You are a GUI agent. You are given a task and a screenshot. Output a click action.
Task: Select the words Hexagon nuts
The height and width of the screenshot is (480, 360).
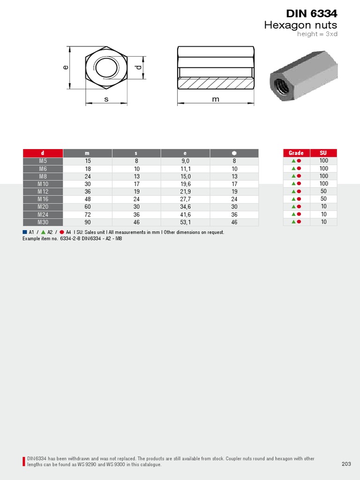300,25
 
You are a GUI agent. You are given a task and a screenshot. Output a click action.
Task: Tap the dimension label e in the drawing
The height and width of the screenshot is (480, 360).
66,67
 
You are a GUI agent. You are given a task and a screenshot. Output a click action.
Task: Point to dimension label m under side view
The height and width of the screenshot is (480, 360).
216,99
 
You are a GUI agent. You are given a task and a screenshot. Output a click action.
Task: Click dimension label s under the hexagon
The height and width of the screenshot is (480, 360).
106,99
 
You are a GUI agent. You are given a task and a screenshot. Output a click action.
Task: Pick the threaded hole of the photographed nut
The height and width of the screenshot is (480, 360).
282,86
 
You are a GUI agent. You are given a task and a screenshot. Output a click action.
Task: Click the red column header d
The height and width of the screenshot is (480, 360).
43,153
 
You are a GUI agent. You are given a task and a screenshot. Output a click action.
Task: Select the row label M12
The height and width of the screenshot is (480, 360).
43,191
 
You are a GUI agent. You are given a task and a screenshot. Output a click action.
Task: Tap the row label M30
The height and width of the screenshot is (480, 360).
43,222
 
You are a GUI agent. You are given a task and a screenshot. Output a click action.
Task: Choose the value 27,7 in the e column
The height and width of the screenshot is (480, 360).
185,199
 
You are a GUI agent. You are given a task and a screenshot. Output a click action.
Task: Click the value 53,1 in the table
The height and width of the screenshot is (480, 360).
185,222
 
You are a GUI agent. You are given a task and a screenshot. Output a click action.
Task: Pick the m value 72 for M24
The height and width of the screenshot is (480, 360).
88,215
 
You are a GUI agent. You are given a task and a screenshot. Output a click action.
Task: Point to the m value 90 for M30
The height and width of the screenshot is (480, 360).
88,222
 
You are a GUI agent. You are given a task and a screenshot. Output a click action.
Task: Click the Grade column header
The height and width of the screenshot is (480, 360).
296,153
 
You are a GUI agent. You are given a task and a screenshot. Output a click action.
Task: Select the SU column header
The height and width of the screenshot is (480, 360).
323,153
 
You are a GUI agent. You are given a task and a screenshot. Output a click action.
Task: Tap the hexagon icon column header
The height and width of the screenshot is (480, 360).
234,153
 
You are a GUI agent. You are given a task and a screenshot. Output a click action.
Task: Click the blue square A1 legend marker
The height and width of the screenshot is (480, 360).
25,232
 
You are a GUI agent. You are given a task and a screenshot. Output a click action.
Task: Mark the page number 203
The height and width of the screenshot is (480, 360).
346,464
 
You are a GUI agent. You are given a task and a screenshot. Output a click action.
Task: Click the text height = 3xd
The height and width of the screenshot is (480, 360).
317,34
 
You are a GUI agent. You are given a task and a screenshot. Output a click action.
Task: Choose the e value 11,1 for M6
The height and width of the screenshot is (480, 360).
185,169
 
